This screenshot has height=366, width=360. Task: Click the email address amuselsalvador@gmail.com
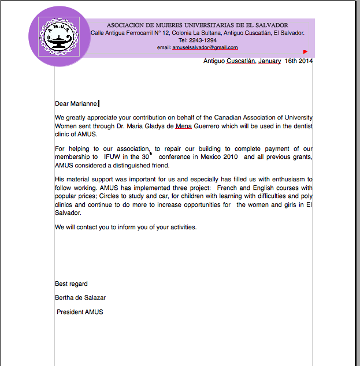point(197,47)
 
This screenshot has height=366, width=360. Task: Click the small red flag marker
point(305,51)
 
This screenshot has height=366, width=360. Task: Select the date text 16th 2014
point(299,61)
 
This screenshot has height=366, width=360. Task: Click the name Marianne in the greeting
point(84,104)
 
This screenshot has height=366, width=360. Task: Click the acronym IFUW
point(112,157)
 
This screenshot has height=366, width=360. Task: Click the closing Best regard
point(71,283)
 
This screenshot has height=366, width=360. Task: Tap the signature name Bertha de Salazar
point(80,298)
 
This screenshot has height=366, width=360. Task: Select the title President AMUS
point(80,312)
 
